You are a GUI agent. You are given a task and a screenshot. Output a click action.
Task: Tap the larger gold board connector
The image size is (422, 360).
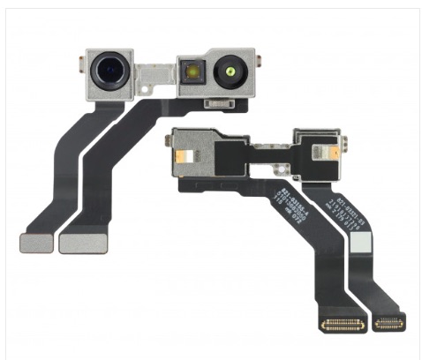(343, 325)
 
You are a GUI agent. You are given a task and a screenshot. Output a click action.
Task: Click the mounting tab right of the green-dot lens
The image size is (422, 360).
(260, 67)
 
